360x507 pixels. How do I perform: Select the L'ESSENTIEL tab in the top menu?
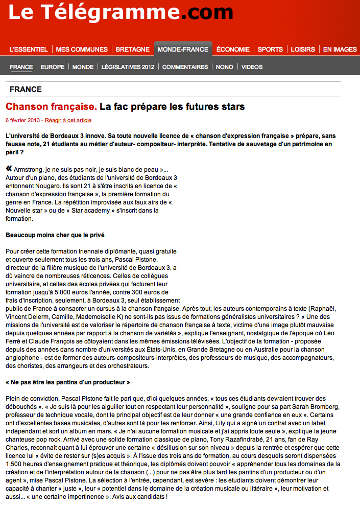29,50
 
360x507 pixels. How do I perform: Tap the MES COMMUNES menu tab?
82,50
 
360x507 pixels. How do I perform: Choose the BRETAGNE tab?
133,50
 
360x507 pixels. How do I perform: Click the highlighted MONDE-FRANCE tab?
183,50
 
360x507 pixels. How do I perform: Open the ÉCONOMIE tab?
233,50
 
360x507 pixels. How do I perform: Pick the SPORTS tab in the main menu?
270,50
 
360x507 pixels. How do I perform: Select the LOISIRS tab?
303,50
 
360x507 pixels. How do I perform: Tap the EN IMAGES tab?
340,50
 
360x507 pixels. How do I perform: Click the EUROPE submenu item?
53,67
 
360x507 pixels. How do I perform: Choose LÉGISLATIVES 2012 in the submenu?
128,67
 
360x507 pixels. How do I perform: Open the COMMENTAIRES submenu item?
185,67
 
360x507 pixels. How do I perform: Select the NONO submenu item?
225,67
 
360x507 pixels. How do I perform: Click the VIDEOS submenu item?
252,67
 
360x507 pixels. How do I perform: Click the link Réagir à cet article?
68,121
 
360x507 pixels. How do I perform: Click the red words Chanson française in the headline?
51,107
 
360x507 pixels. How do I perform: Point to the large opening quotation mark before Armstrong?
9,169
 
